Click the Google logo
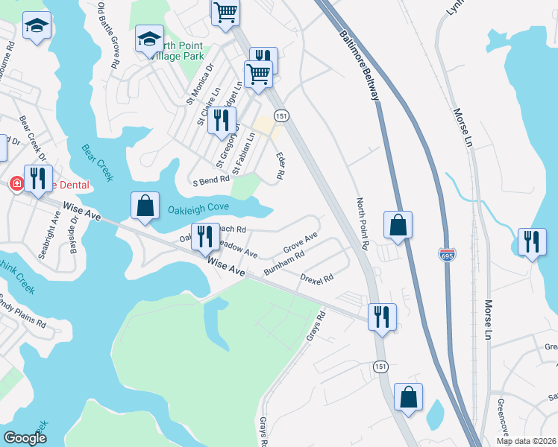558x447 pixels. pos(25,438)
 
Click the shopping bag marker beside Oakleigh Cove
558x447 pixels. pos(145,206)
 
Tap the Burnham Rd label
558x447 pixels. pos(283,262)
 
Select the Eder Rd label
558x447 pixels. pos(280,165)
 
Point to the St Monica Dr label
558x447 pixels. pos(205,77)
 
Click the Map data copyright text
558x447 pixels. pos(527,441)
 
